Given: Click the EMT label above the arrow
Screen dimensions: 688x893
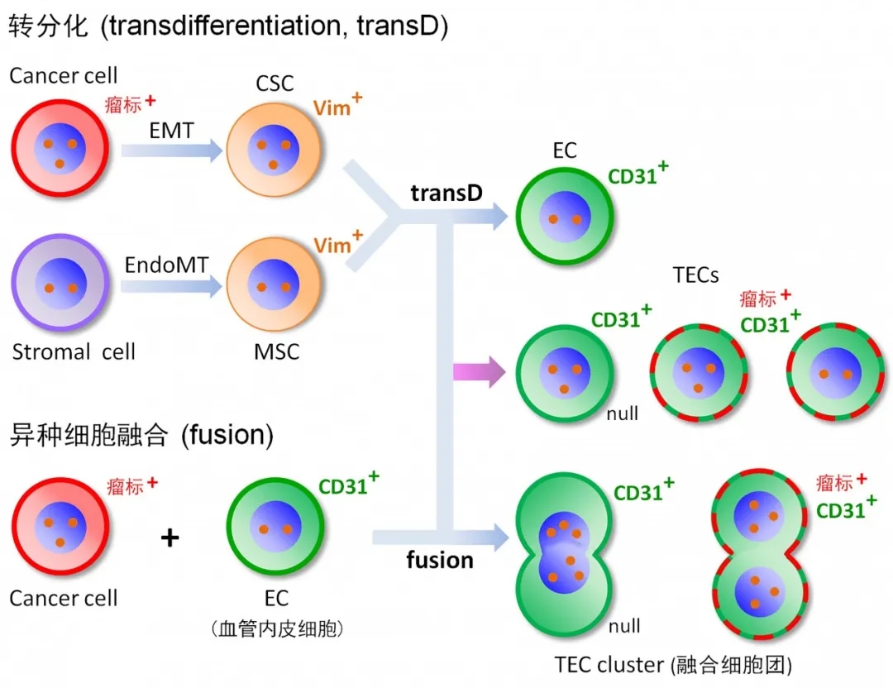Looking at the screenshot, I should coord(171,130).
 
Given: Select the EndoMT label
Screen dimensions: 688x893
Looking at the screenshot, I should coord(165,265).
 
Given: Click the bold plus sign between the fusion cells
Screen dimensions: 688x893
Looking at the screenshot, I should coord(170,538).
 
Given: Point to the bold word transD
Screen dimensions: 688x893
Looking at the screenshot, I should coord(446,193).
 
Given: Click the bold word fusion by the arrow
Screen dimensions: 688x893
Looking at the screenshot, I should coord(440,560).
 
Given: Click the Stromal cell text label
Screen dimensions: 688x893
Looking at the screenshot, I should coord(74,351).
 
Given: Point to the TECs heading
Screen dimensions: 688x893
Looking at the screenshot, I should coord(696,275).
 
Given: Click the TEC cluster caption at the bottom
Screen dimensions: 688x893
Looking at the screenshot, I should coord(675,664).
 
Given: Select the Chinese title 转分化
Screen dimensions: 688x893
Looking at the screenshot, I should coord(48,26).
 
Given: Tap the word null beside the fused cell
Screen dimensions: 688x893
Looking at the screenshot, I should coord(624,627).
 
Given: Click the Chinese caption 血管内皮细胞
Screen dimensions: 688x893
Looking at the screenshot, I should coord(276,629).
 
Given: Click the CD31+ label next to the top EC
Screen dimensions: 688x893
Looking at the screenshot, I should coord(638,175).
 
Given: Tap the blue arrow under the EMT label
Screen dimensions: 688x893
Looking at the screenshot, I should coord(172,150).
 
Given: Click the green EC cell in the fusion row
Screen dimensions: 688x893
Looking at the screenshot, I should coord(275,530).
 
